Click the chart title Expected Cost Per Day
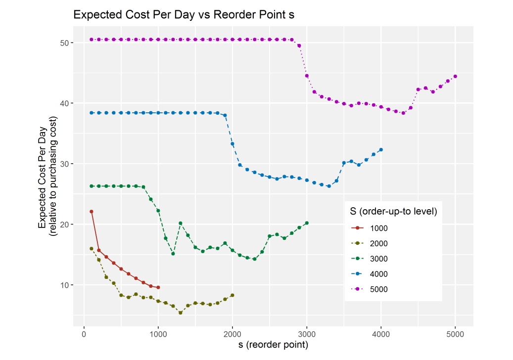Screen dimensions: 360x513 184,15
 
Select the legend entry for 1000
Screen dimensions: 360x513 378,228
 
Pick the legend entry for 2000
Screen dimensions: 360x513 378,243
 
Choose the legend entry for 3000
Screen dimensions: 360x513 378,259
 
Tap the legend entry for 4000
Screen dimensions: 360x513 378,274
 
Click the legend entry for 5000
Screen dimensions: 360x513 378,289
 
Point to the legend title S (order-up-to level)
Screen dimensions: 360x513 393,212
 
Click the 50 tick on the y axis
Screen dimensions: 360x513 64,44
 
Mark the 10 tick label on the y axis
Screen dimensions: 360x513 64,285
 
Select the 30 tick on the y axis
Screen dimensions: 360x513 64,164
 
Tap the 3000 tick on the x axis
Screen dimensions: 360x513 307,334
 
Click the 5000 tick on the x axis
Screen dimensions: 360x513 455,334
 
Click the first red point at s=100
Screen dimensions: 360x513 92,212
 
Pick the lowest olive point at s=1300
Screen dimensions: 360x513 181,313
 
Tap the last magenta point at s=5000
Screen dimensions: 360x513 455,76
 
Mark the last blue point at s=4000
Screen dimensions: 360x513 381,150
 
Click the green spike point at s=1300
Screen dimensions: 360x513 181,224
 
